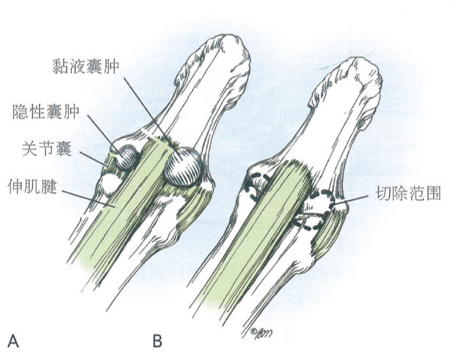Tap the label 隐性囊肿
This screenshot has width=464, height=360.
coord(44,112)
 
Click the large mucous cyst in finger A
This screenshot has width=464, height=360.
coord(183,166)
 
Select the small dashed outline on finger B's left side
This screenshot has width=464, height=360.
coord(256,185)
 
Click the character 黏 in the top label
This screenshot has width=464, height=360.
coord(61,67)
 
